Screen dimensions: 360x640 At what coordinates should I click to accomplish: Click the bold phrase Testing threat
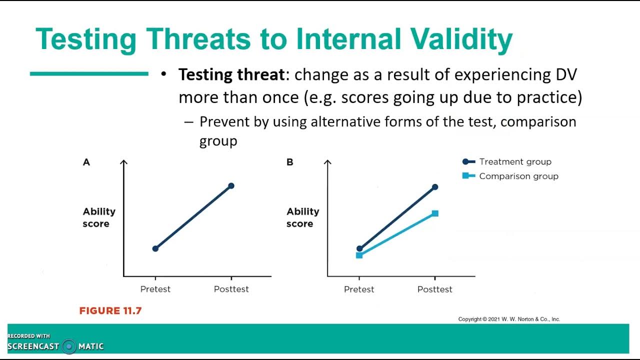[231, 75]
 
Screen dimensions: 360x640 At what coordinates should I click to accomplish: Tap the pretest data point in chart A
[155, 248]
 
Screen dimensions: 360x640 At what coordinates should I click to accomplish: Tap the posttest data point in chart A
[231, 186]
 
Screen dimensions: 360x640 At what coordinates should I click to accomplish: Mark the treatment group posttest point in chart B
[435, 187]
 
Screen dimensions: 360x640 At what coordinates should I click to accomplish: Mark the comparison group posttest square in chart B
[435, 213]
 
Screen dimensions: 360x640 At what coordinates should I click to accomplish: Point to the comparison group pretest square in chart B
[359, 255]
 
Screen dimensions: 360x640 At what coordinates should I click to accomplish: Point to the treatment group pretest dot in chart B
[359, 248]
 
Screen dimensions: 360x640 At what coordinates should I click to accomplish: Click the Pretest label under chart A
[155, 289]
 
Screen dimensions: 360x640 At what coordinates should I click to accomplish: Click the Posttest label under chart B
[435, 289]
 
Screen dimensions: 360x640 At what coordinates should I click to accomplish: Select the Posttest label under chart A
[231, 289]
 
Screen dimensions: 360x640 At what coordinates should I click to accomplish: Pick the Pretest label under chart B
[359, 289]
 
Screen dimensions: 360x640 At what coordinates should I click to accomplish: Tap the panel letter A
[86, 162]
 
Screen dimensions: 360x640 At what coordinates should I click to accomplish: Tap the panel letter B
[290, 162]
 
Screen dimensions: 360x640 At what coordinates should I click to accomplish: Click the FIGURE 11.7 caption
[110, 311]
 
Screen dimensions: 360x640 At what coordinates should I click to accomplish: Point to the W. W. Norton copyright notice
[509, 319]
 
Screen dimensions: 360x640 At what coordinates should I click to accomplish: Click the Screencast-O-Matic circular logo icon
[69, 346]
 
